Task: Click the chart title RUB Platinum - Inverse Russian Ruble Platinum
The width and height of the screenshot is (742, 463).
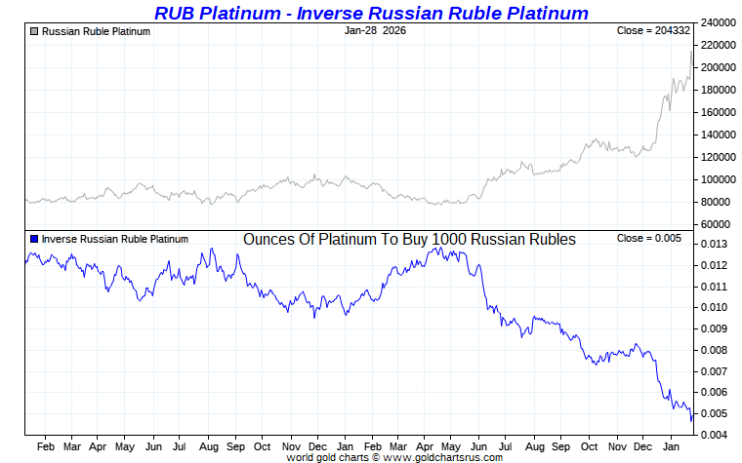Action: (x=371, y=13)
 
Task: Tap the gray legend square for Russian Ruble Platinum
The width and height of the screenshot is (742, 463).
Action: (x=34, y=31)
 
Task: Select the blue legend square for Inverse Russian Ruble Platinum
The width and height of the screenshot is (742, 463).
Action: (x=34, y=239)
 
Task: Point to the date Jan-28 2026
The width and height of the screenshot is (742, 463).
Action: (x=375, y=30)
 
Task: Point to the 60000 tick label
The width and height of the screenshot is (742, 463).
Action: (x=719, y=224)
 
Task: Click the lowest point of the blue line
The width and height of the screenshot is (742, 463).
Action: (x=691, y=421)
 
